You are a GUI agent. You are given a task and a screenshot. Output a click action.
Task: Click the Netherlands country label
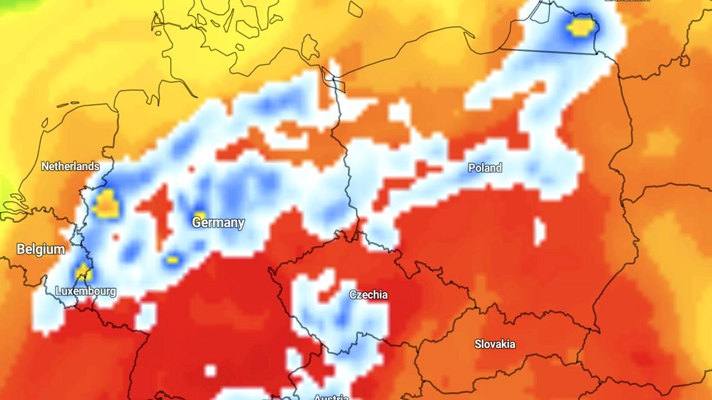[x=70, y=167]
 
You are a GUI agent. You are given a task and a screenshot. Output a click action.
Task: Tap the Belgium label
[x=41, y=249]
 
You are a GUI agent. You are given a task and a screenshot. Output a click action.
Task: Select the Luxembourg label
[x=85, y=291]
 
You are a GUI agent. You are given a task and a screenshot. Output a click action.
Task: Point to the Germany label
[x=218, y=223]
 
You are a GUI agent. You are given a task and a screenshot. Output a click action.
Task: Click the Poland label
[x=485, y=168]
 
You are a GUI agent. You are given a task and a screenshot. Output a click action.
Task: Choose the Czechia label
[x=368, y=295]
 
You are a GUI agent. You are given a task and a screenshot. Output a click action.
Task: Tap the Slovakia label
[x=495, y=344]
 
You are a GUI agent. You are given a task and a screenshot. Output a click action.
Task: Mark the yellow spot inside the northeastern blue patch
[x=580, y=27]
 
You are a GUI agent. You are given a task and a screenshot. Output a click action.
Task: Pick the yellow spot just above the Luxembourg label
[x=82, y=273]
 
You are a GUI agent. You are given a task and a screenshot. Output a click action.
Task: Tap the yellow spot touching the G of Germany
[x=199, y=216]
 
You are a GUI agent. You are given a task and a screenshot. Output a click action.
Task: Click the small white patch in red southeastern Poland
[x=539, y=231]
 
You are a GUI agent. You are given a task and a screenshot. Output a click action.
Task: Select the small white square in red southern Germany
[x=210, y=371]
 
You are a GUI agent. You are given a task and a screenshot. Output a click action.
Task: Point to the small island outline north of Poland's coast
[x=355, y=9]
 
